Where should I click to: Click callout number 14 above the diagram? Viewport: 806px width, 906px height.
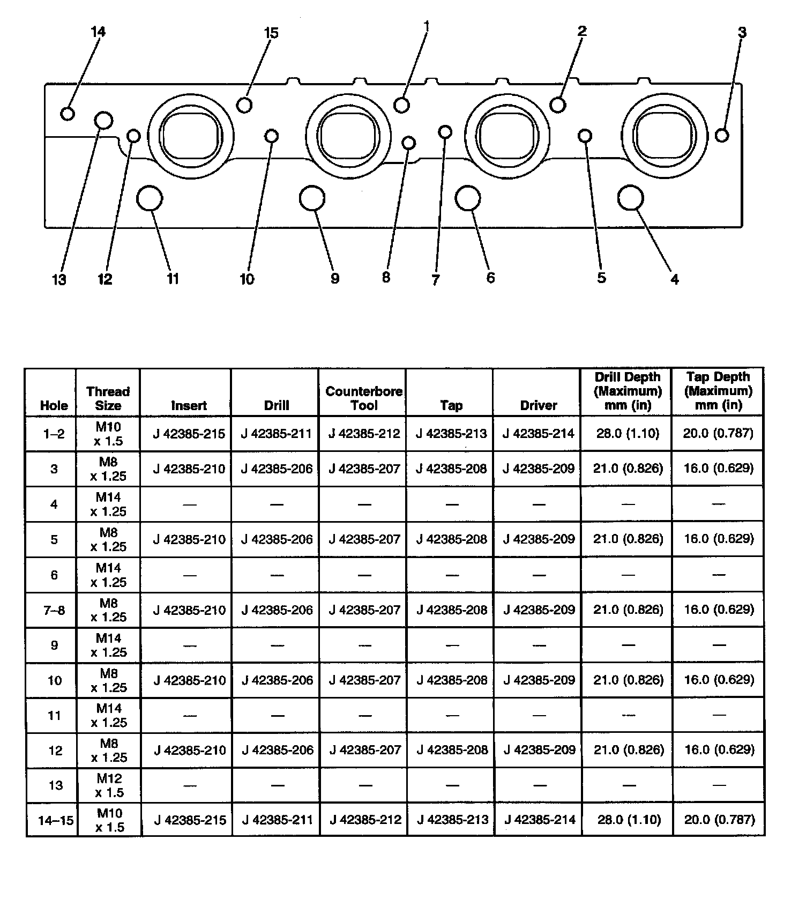point(98,32)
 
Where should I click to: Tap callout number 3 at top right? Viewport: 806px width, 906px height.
point(742,32)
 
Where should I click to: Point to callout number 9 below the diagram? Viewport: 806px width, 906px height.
point(335,278)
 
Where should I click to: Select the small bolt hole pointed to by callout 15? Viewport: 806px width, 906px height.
point(244,105)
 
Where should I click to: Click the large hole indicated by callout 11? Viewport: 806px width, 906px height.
point(150,198)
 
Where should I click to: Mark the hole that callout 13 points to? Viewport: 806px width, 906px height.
point(103,120)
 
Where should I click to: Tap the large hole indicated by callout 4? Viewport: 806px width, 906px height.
point(630,198)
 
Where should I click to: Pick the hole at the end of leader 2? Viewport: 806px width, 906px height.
point(558,105)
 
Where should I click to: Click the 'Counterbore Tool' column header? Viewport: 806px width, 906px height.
point(364,398)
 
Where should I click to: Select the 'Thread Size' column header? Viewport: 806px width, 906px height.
point(108,398)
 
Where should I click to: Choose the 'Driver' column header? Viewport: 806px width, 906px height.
point(539,405)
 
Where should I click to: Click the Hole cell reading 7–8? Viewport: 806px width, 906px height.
point(54,610)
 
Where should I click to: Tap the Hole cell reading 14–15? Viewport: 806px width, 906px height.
point(56,820)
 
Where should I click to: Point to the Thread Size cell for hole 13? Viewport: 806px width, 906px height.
point(109,785)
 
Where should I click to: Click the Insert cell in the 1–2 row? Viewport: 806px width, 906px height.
point(189,433)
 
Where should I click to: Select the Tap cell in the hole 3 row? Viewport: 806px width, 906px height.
point(451,469)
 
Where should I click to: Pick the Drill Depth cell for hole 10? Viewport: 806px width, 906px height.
point(628,680)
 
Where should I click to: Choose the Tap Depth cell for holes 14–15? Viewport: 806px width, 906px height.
point(719,819)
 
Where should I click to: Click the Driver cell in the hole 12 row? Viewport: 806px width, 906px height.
point(539,749)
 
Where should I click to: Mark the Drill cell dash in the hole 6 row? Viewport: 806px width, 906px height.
point(277,575)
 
